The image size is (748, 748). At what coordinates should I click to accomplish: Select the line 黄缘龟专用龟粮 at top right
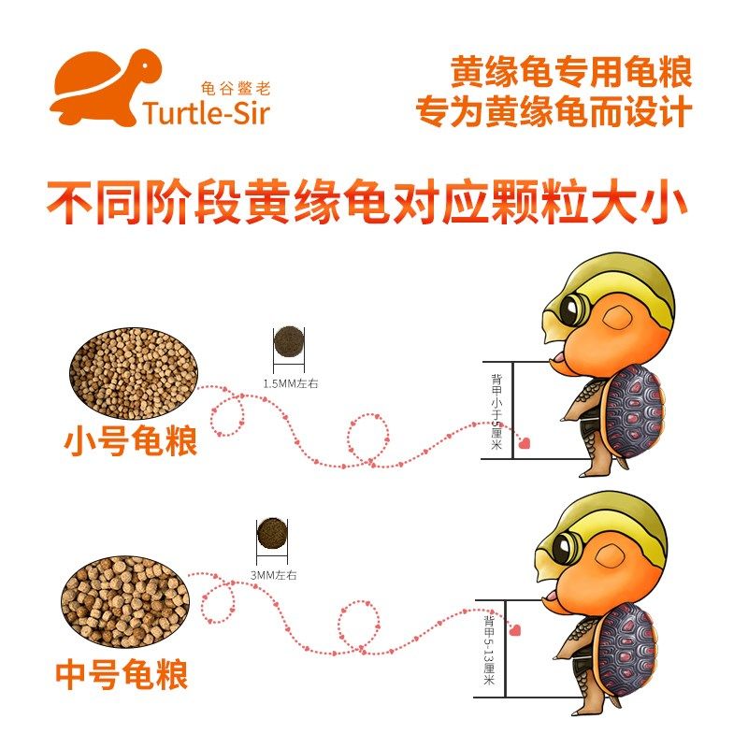tap(571, 71)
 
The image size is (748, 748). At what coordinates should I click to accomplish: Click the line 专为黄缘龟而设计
tap(554, 113)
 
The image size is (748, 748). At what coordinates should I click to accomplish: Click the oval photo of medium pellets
tap(126, 600)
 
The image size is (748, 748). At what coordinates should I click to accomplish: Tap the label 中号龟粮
tap(122, 672)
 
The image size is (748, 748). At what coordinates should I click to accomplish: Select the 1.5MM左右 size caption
tap(290, 383)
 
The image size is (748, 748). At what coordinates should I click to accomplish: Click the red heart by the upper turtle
tap(525, 443)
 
